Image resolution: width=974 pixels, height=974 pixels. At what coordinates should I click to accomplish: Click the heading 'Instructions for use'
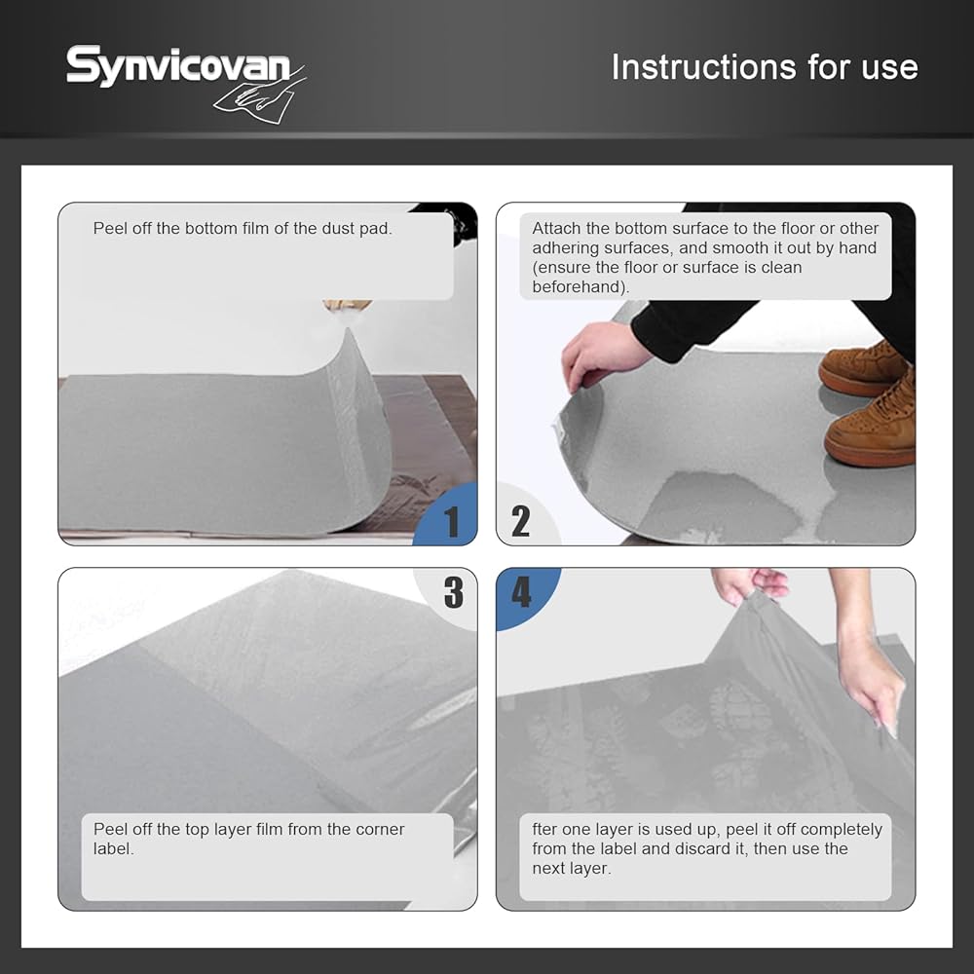click(765, 66)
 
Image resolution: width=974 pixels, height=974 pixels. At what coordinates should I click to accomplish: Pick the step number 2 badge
click(520, 521)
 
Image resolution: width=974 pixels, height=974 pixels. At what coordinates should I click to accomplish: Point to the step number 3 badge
click(454, 592)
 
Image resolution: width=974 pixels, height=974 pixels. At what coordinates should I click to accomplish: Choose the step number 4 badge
click(521, 592)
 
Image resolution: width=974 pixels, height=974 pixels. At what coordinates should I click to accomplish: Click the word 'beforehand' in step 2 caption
click(579, 286)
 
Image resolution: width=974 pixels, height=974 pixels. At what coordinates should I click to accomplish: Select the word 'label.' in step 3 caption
click(114, 848)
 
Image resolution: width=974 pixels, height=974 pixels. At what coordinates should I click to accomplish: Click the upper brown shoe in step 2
click(863, 368)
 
